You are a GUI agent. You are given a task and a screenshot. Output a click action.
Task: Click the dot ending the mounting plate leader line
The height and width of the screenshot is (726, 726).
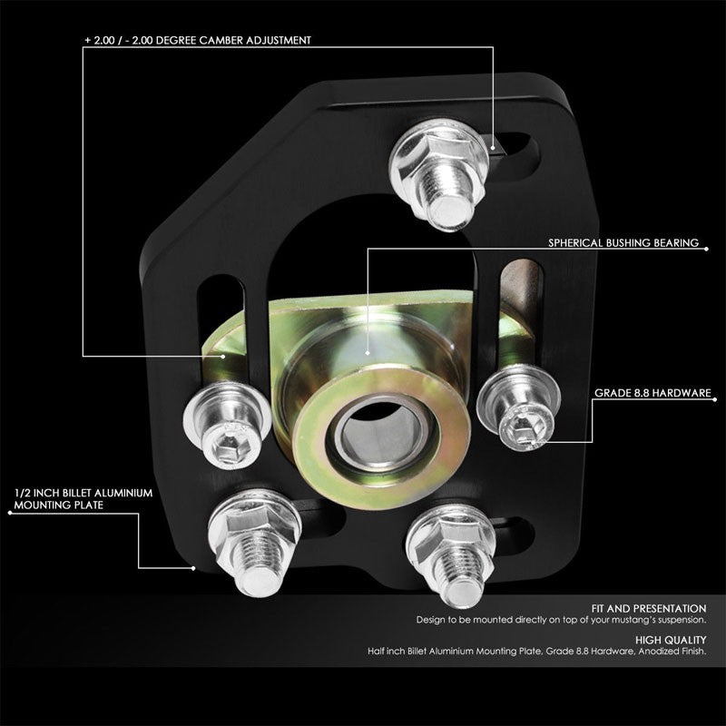coord(194,568)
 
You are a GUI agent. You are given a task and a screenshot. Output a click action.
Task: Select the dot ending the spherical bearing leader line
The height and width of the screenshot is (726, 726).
coord(367,351)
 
